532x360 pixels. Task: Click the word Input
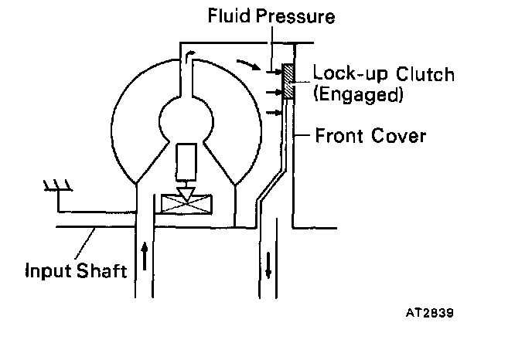[x=47, y=271]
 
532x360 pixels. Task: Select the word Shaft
[x=103, y=271]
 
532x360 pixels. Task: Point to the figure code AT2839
[x=429, y=314]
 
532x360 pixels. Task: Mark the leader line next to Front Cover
[x=298, y=137]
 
